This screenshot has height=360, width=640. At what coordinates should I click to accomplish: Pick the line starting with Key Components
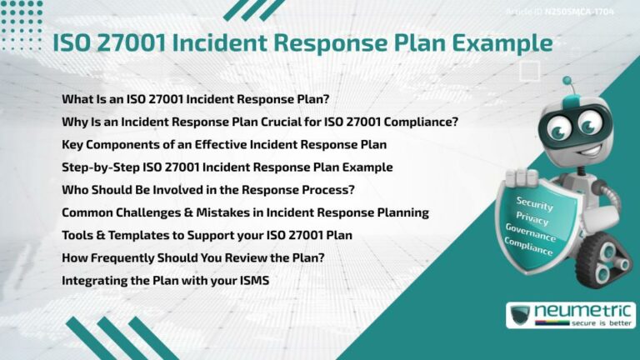pyautogui.click(x=224, y=144)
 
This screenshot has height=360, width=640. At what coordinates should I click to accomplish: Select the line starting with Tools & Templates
pyautogui.click(x=207, y=235)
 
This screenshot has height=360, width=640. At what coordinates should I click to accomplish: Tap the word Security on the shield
pyautogui.click(x=534, y=202)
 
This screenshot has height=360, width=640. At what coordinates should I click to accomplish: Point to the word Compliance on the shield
pyautogui.click(x=528, y=247)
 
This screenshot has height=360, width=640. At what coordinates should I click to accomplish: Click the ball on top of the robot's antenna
pyautogui.click(x=567, y=81)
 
